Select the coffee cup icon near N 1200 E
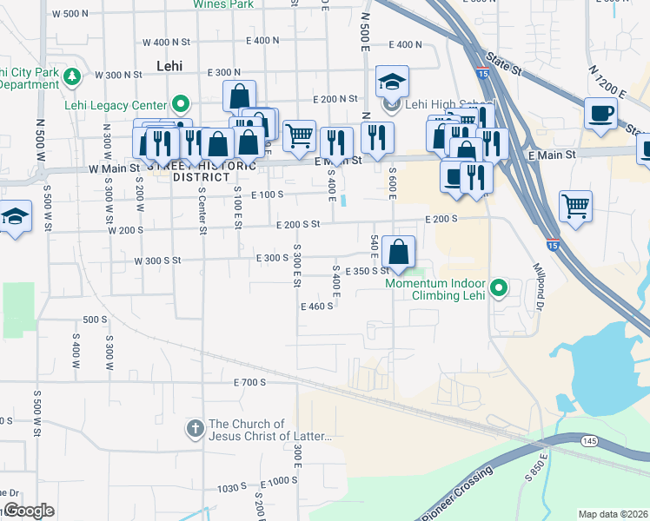coord(600,114)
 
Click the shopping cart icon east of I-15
coord(575,207)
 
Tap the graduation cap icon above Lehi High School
coord(392,82)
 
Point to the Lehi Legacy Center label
coord(115,106)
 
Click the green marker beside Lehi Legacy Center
coord(181,105)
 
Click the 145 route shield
coord(589,442)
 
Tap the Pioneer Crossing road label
coord(456,494)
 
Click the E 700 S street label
coord(249,382)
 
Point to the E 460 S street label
coord(317,306)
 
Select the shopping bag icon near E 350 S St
coord(398,253)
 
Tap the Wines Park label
coord(223,4)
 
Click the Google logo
coord(28,511)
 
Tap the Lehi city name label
coord(171,65)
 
